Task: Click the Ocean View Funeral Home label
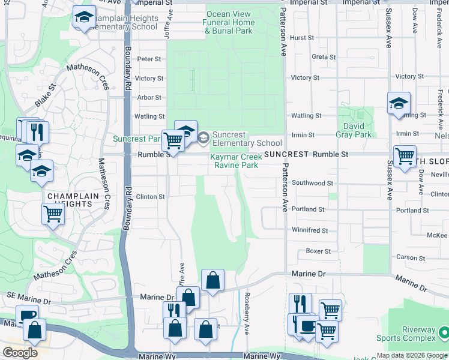pyautogui.click(x=230, y=23)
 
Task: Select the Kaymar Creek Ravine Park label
pyautogui.click(x=234, y=161)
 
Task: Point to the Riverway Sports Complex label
pyautogui.click(x=406, y=334)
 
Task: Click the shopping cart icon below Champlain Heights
pyautogui.click(x=53, y=213)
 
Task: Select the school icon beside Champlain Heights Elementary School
pyautogui.click(x=84, y=17)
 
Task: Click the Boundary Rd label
pyautogui.click(x=128, y=78)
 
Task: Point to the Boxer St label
pyautogui.click(x=318, y=251)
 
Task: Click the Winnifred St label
pyautogui.click(x=310, y=230)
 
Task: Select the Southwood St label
pyautogui.click(x=312, y=183)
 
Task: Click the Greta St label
pyautogui.click(x=324, y=57)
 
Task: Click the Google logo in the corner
pyautogui.click(x=20, y=353)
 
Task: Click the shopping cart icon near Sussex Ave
pyautogui.click(x=405, y=156)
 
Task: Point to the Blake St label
pyautogui.click(x=45, y=95)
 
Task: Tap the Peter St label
pyautogui.click(x=149, y=59)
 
